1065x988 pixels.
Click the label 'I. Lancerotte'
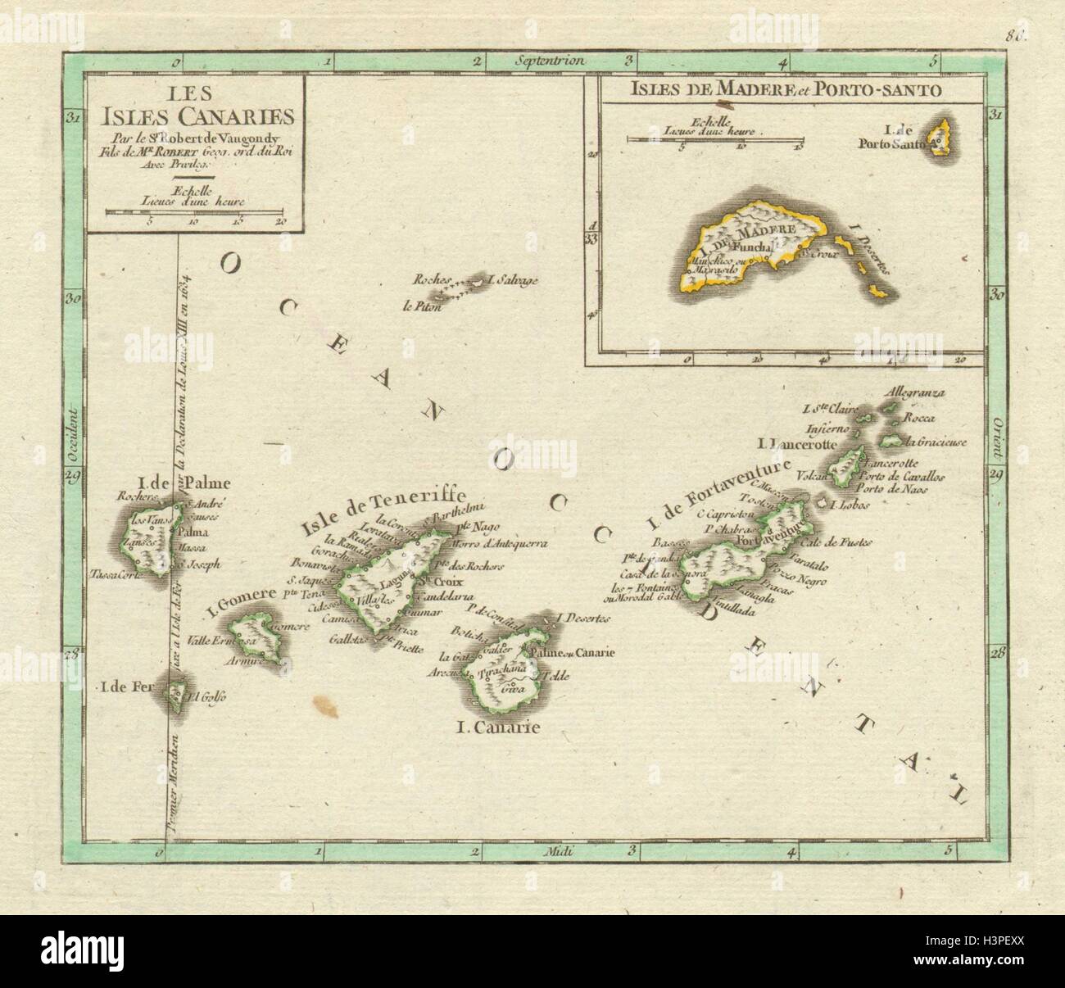(x=795, y=444)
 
